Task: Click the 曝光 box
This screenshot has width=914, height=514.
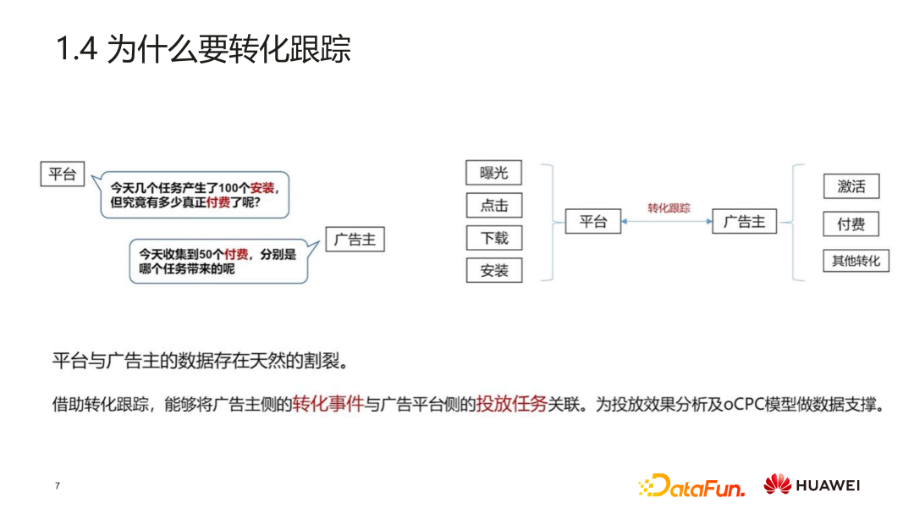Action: click(x=493, y=173)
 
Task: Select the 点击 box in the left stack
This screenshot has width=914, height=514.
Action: click(x=493, y=206)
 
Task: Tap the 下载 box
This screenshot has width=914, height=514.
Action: click(x=493, y=238)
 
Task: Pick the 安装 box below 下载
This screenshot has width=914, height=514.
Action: click(x=493, y=271)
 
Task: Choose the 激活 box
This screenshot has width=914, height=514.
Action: click(x=851, y=187)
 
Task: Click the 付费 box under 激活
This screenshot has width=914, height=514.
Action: click(x=851, y=224)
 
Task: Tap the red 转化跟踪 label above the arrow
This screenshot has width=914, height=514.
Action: click(x=669, y=208)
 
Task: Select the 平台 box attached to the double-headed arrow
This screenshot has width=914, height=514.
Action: click(x=592, y=222)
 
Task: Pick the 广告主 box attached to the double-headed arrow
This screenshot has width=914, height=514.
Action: click(x=744, y=222)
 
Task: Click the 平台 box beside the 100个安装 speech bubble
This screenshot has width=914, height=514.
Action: click(x=63, y=174)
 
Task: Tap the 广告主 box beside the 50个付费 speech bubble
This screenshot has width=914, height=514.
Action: click(x=355, y=240)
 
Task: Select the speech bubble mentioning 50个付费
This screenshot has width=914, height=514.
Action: click(x=217, y=261)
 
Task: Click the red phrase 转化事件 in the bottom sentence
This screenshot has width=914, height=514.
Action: click(x=328, y=405)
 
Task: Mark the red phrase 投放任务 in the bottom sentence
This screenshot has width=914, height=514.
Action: click(x=510, y=405)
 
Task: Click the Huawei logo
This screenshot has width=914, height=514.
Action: click(x=812, y=485)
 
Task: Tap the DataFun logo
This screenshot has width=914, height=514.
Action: click(x=692, y=486)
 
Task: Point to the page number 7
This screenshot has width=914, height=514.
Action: click(x=58, y=486)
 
